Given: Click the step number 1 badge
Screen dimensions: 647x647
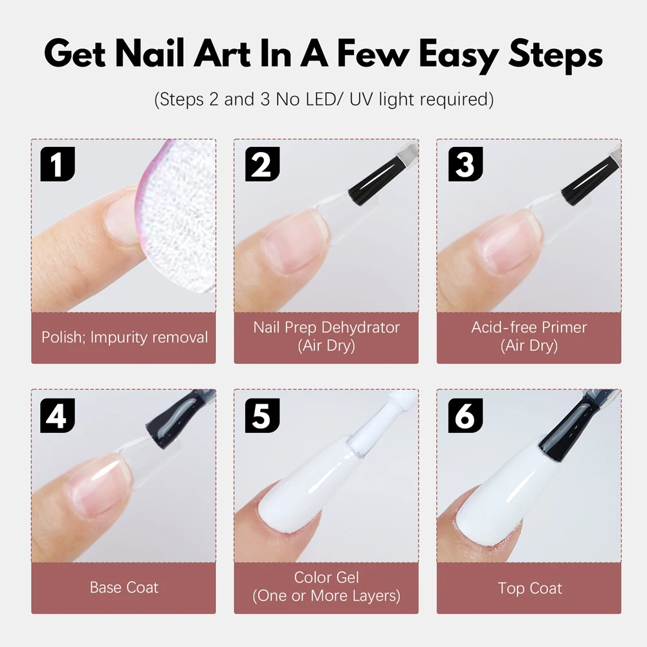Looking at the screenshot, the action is coord(58,164).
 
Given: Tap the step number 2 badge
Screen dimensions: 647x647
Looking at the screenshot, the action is coord(262,164).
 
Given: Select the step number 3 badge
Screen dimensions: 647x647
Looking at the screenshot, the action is coord(465,164).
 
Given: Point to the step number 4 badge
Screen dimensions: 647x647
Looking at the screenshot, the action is coord(58,415).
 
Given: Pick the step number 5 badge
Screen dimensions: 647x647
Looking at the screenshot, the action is coord(262,415).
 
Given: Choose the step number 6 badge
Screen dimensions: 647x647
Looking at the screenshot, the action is coord(465,415).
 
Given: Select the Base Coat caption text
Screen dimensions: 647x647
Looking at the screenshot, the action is coord(124,587).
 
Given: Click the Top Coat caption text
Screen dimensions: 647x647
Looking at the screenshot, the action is coord(530,588).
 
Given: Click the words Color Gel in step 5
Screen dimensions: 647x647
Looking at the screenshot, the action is coord(326,577).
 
